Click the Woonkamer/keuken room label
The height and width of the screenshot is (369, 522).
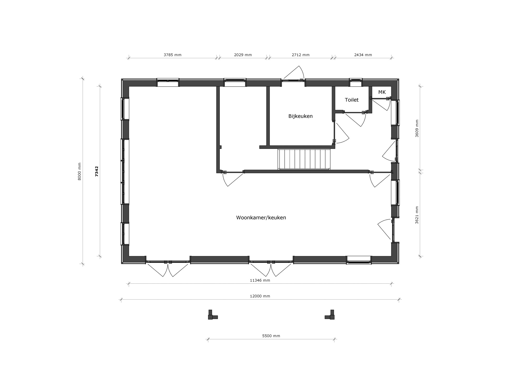click(261, 218)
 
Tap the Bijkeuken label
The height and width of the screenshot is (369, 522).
click(300, 116)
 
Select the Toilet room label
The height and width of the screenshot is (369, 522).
click(352, 100)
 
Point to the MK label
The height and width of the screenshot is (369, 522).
click(382, 92)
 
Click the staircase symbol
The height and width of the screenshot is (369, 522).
click(304, 159)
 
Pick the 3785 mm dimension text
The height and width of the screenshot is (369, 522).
click(173, 55)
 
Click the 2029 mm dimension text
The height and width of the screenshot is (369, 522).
click(243, 55)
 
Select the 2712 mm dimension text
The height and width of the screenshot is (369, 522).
click(301, 55)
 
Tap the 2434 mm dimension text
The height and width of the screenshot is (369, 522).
click(363, 55)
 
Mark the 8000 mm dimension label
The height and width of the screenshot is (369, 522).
click(80, 171)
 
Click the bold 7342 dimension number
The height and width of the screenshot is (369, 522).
click(97, 171)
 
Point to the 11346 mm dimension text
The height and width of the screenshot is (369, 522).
click(260, 281)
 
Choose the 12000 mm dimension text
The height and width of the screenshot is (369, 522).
click(260, 296)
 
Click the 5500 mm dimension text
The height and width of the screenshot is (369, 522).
click(271, 336)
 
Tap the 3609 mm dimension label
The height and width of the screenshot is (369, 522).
click(417, 128)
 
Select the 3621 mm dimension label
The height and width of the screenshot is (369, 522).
click(417, 215)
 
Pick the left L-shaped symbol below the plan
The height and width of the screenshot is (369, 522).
click(212, 315)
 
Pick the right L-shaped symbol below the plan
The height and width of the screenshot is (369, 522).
click(330, 315)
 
